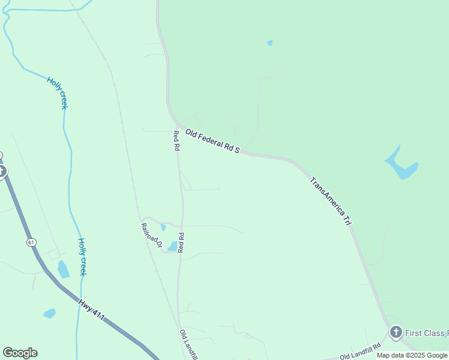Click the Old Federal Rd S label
212,142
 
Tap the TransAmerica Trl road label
331,201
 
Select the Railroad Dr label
152,235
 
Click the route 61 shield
31,242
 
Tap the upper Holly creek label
57,92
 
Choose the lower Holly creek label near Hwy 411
82,257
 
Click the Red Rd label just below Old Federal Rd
176,140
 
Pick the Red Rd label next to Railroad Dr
180,242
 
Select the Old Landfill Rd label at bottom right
360,352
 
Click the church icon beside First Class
396,332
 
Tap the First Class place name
427,333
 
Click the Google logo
20,353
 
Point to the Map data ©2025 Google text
412,355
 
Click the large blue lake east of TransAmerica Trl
401,164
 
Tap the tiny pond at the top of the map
270,43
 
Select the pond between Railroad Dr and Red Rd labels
172,246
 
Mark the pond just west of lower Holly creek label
63,269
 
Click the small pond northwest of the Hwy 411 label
49,313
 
